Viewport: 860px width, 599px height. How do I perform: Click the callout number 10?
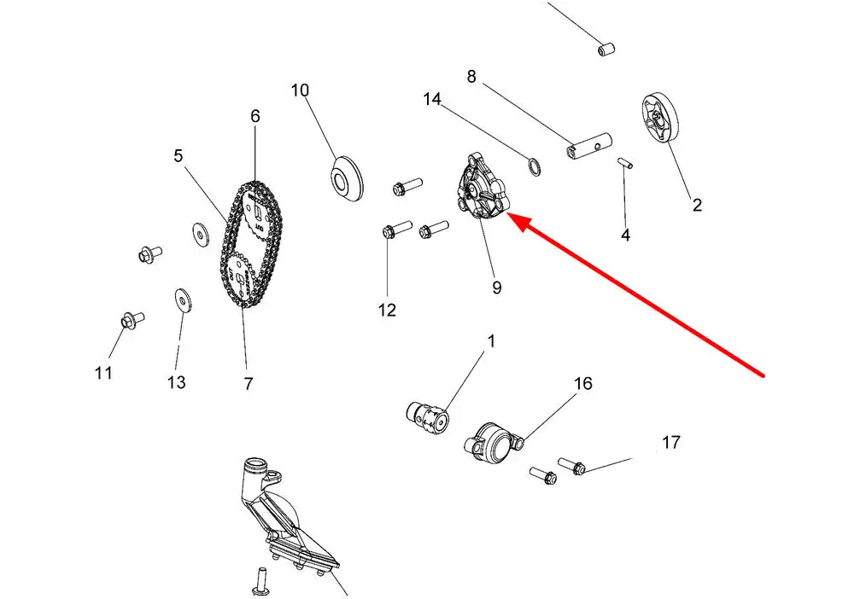(x=300, y=90)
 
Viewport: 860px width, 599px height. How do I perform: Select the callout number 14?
(x=432, y=100)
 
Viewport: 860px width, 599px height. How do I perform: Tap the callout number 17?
(x=671, y=443)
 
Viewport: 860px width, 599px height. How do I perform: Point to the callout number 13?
(x=176, y=382)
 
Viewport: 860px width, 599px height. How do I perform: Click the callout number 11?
(x=103, y=373)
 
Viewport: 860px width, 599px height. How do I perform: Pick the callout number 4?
(x=625, y=235)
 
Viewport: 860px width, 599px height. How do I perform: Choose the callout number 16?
(x=582, y=384)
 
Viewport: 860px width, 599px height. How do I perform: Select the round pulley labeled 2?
(x=658, y=120)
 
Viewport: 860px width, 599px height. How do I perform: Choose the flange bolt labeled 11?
(x=129, y=321)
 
